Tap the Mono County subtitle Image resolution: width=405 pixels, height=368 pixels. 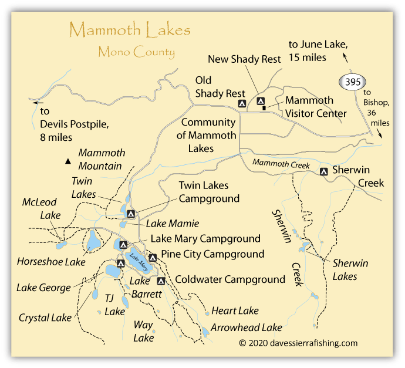click(x=136, y=52)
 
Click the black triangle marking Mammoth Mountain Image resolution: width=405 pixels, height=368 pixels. click(x=69, y=161)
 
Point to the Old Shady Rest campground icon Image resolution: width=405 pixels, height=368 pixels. click(x=241, y=104)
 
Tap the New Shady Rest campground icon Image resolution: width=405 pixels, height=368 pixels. click(x=261, y=100)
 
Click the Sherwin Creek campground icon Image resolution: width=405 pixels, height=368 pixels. click(x=323, y=171)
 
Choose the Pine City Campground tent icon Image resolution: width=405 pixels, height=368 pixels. click(x=153, y=257)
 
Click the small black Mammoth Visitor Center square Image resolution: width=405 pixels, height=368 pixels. click(x=264, y=107)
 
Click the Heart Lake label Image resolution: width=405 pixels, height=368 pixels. click(x=235, y=310)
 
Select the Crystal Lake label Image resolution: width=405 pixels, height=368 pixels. click(x=45, y=318)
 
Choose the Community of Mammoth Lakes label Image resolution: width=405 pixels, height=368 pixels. click(x=208, y=135)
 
